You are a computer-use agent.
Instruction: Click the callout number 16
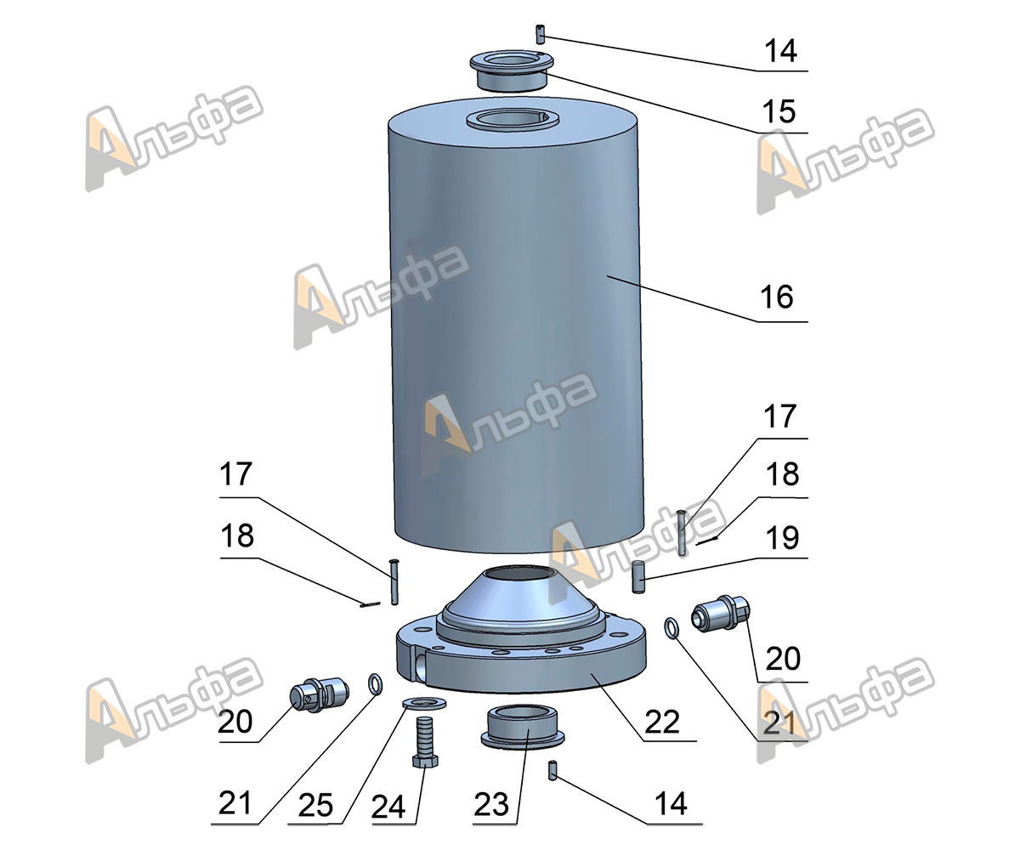click(x=776, y=297)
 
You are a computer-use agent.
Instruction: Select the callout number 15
click(x=779, y=112)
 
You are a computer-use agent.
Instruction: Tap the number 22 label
click(x=662, y=722)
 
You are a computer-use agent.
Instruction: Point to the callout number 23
click(x=491, y=805)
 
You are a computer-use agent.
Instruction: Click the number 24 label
click(x=388, y=807)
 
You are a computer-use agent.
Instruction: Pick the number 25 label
click(x=315, y=806)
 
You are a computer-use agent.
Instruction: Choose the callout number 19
click(x=782, y=538)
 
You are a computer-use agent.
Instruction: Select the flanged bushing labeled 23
click(x=523, y=726)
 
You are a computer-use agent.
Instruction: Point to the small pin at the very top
click(x=540, y=34)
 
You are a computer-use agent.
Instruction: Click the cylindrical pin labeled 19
click(x=638, y=577)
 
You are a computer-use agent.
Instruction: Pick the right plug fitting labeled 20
click(x=721, y=613)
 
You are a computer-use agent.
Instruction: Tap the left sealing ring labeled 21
click(x=375, y=683)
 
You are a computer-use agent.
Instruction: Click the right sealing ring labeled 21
click(x=671, y=628)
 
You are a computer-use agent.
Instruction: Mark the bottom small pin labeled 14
click(x=552, y=770)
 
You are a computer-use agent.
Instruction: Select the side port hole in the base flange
click(x=420, y=665)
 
